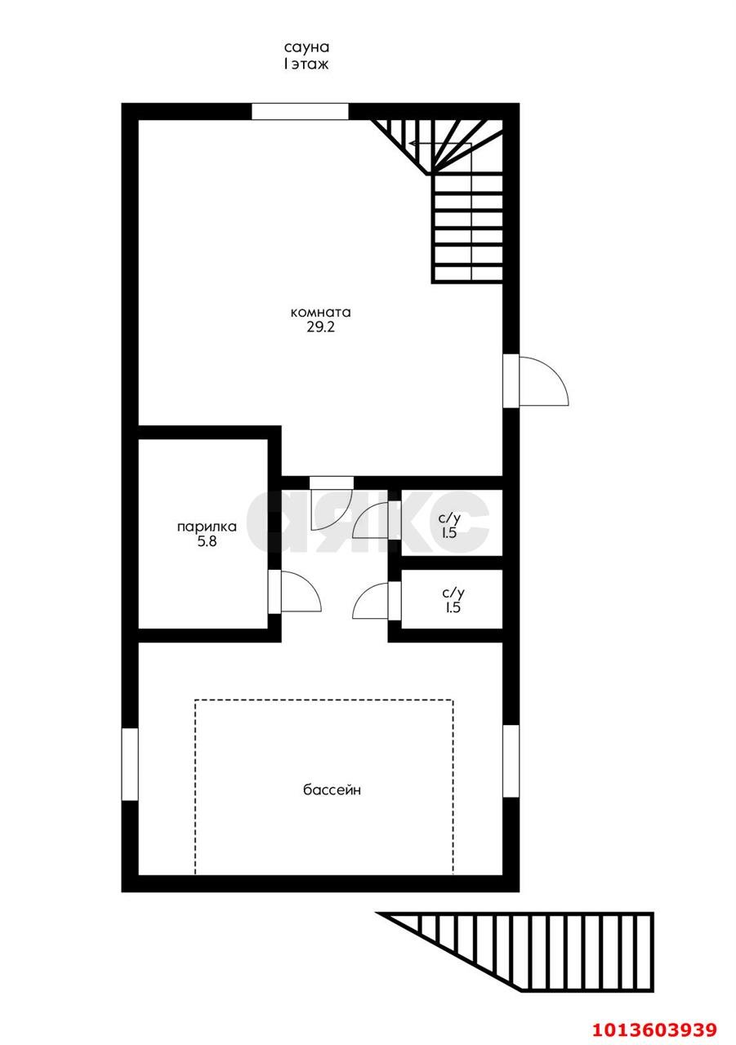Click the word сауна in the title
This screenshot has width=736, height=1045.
point(306,47)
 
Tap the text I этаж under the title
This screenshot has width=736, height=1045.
point(306,64)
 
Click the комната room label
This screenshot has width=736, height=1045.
point(321,312)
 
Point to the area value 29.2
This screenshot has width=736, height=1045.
point(321,327)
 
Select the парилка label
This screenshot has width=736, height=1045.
point(207,527)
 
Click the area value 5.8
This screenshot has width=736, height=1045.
point(207,543)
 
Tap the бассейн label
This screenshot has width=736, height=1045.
point(332,789)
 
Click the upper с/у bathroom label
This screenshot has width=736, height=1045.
point(449,518)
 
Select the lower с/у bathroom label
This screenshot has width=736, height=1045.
point(453,593)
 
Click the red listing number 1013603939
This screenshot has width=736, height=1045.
point(653,1029)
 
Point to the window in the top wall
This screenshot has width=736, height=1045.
point(300,112)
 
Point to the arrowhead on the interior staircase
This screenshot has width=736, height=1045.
point(412,143)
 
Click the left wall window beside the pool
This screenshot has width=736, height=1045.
point(130,764)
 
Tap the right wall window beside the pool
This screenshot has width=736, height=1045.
point(511,761)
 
